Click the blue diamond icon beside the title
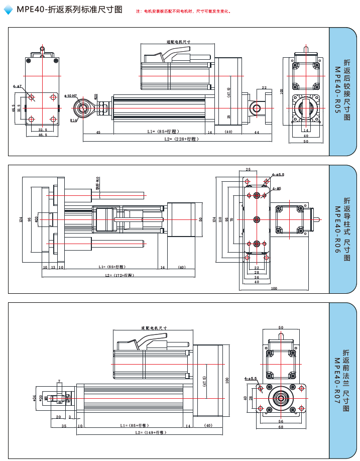click(9, 10)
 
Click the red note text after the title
click(183, 11)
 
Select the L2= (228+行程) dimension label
click(181, 139)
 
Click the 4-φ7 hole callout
click(18, 86)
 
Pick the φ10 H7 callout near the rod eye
click(70, 95)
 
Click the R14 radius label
click(73, 121)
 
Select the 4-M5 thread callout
click(276, 189)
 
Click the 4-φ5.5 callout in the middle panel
click(278, 175)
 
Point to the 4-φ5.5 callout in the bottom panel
click(251, 378)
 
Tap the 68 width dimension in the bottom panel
click(281, 427)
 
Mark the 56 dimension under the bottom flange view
click(281, 421)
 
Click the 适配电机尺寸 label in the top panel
click(178, 42)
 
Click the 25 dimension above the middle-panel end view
click(248, 169)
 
